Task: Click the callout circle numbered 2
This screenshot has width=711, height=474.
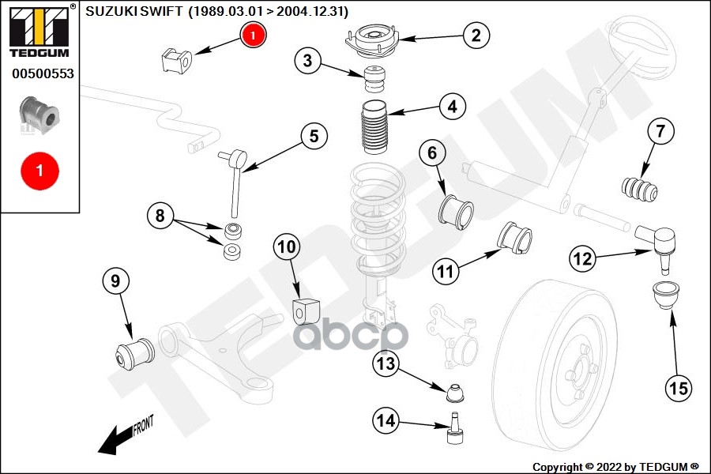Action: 476,35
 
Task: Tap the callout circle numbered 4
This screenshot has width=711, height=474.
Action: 451,107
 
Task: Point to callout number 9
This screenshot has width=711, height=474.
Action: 115,281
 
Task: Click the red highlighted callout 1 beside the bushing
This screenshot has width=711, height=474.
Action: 253,35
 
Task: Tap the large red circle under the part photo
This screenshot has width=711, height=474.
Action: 39,169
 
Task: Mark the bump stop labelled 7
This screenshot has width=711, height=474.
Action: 641,190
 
